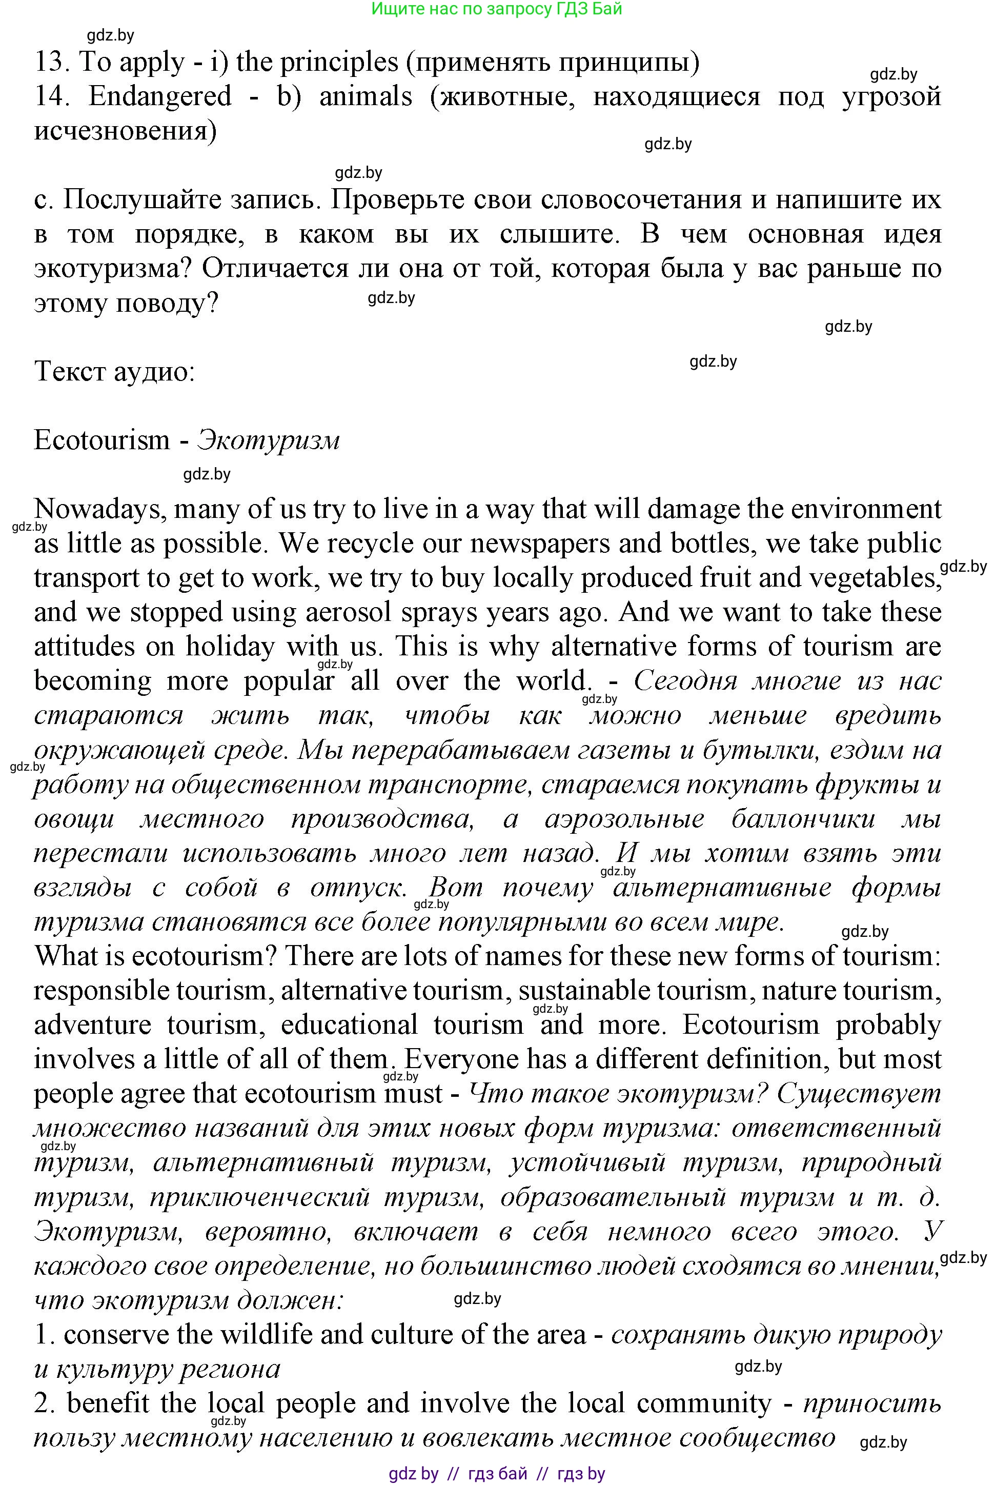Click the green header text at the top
[x=496, y=9]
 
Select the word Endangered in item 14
[x=160, y=96]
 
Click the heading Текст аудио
[x=114, y=371]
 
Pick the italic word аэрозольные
[x=624, y=819]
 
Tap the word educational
[x=349, y=1025]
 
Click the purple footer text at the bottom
[x=497, y=1474]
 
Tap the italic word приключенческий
[x=259, y=1197]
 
